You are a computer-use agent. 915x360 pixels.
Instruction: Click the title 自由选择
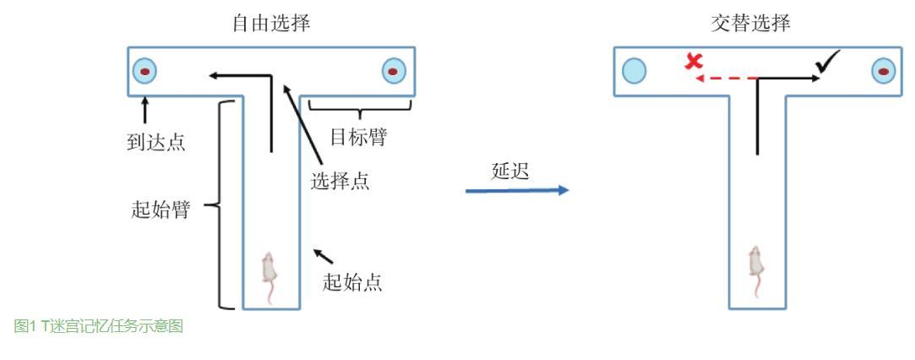click(270, 23)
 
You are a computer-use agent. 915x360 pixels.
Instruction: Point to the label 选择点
click(340, 181)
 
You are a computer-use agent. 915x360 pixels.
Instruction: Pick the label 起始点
click(352, 282)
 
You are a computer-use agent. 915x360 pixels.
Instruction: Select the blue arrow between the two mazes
click(517, 190)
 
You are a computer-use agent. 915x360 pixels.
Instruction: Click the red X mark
click(694, 62)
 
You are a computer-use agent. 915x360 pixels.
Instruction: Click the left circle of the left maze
click(145, 71)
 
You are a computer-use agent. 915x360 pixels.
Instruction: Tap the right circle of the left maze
click(394, 71)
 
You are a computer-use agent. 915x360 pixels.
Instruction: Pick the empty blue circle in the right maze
click(635, 71)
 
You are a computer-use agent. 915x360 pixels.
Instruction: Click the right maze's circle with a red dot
click(883, 71)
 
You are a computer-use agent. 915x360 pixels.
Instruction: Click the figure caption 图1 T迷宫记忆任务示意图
click(99, 327)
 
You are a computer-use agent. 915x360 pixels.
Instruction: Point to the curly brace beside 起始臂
click(218, 205)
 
